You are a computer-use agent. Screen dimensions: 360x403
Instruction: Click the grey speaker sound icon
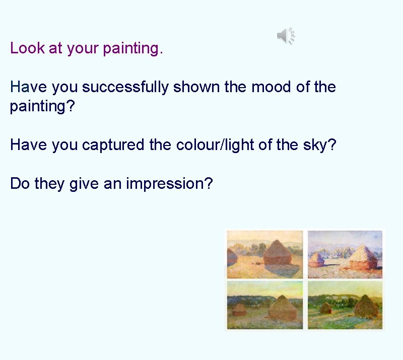[x=285, y=35]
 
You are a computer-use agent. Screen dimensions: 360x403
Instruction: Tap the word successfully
[x=125, y=87]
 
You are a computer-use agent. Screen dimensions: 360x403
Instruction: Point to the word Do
[x=20, y=184]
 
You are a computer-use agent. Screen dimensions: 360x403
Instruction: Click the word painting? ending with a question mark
[x=42, y=107]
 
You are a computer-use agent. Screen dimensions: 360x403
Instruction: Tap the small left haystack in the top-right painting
[x=317, y=259]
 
